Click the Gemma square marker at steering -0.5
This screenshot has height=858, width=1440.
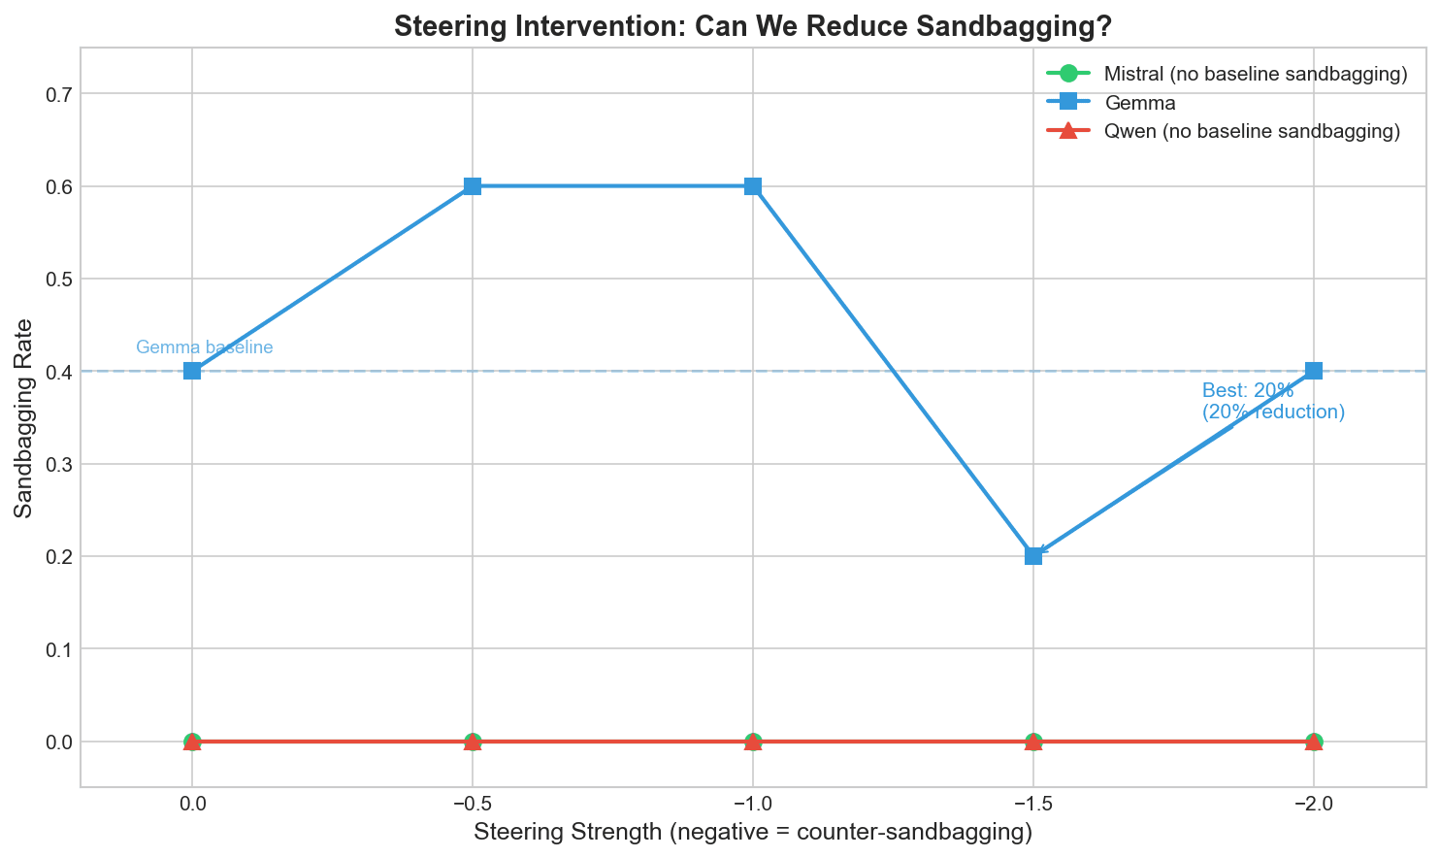(473, 186)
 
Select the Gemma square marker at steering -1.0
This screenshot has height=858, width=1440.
(753, 186)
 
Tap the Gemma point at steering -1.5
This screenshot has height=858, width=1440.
(1033, 556)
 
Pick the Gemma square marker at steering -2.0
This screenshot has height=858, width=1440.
(1314, 371)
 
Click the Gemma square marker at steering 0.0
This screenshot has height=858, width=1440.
(192, 371)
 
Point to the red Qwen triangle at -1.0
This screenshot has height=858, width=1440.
(753, 742)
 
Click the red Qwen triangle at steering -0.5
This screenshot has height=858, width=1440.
(473, 742)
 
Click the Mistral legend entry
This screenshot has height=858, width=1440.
(1255, 75)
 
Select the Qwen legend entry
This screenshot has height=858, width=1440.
(1251, 131)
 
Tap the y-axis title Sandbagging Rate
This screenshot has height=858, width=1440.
(25, 416)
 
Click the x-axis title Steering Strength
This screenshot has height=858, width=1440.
(752, 832)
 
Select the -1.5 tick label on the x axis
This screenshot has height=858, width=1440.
(1032, 805)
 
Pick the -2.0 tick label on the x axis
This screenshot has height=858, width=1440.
(1313, 805)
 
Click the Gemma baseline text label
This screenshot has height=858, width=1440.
(204, 347)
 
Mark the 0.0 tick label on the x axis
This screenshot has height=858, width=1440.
(192, 805)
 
